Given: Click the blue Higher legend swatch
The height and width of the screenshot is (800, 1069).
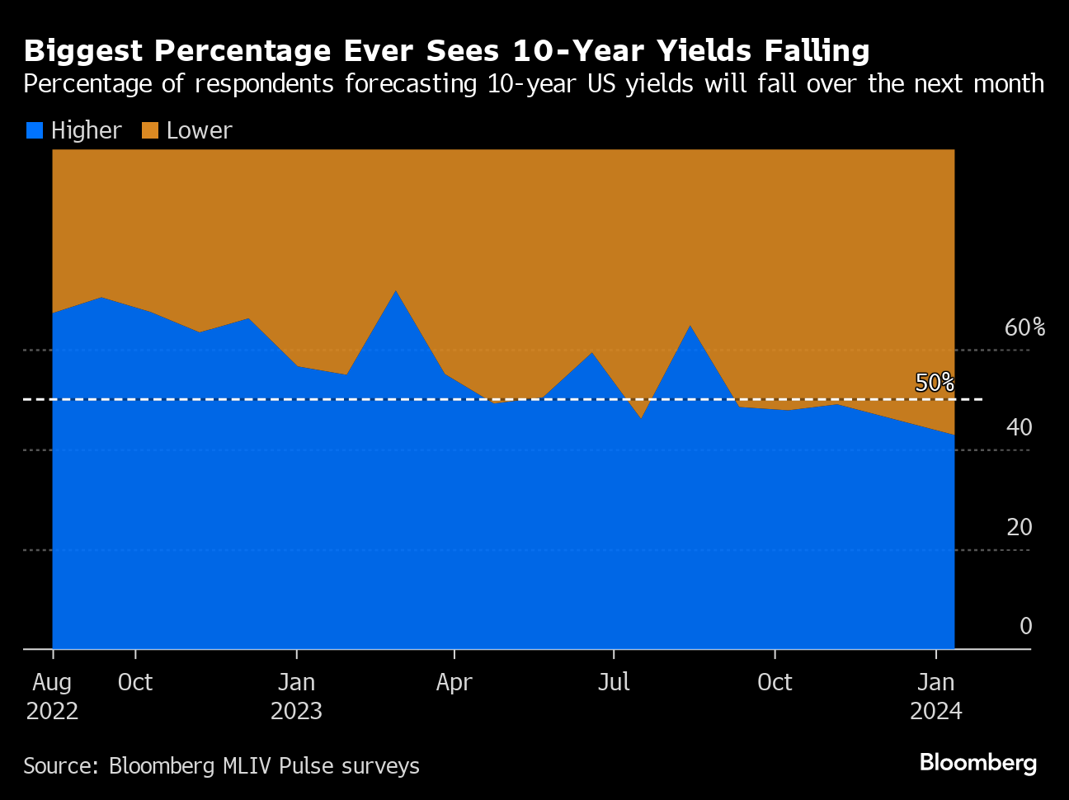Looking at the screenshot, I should [x=34, y=130].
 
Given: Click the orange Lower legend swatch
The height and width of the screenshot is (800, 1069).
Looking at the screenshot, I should [x=149, y=130].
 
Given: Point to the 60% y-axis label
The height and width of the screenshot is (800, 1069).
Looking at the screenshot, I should [x=1024, y=327].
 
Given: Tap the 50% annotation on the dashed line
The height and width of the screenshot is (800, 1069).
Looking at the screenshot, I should [x=935, y=383].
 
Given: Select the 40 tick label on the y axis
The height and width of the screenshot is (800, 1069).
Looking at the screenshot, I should [x=1020, y=427].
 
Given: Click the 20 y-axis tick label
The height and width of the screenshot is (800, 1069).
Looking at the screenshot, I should [x=1020, y=527].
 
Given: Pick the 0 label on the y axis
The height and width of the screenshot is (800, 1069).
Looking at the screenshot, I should [x=1025, y=626].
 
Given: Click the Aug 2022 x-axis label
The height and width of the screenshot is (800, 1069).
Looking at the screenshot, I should [x=52, y=696].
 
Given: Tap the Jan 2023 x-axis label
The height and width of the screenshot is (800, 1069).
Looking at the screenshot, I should [x=296, y=696].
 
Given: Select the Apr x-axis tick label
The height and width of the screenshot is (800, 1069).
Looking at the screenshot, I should [x=454, y=682].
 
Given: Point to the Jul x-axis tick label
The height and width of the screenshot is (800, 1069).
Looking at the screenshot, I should [x=614, y=682].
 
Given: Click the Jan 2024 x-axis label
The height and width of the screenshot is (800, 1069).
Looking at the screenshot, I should [x=936, y=696].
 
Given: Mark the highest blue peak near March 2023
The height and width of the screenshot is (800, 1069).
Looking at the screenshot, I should [x=396, y=291].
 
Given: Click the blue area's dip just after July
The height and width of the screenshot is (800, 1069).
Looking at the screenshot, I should [x=641, y=418].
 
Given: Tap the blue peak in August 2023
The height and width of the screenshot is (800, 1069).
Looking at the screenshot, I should [x=690, y=326].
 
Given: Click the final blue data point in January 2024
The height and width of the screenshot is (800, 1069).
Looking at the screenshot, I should [x=954, y=435].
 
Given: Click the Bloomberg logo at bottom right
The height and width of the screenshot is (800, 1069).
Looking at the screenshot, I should [x=977, y=762].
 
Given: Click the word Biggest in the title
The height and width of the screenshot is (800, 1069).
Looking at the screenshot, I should [x=82, y=51].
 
